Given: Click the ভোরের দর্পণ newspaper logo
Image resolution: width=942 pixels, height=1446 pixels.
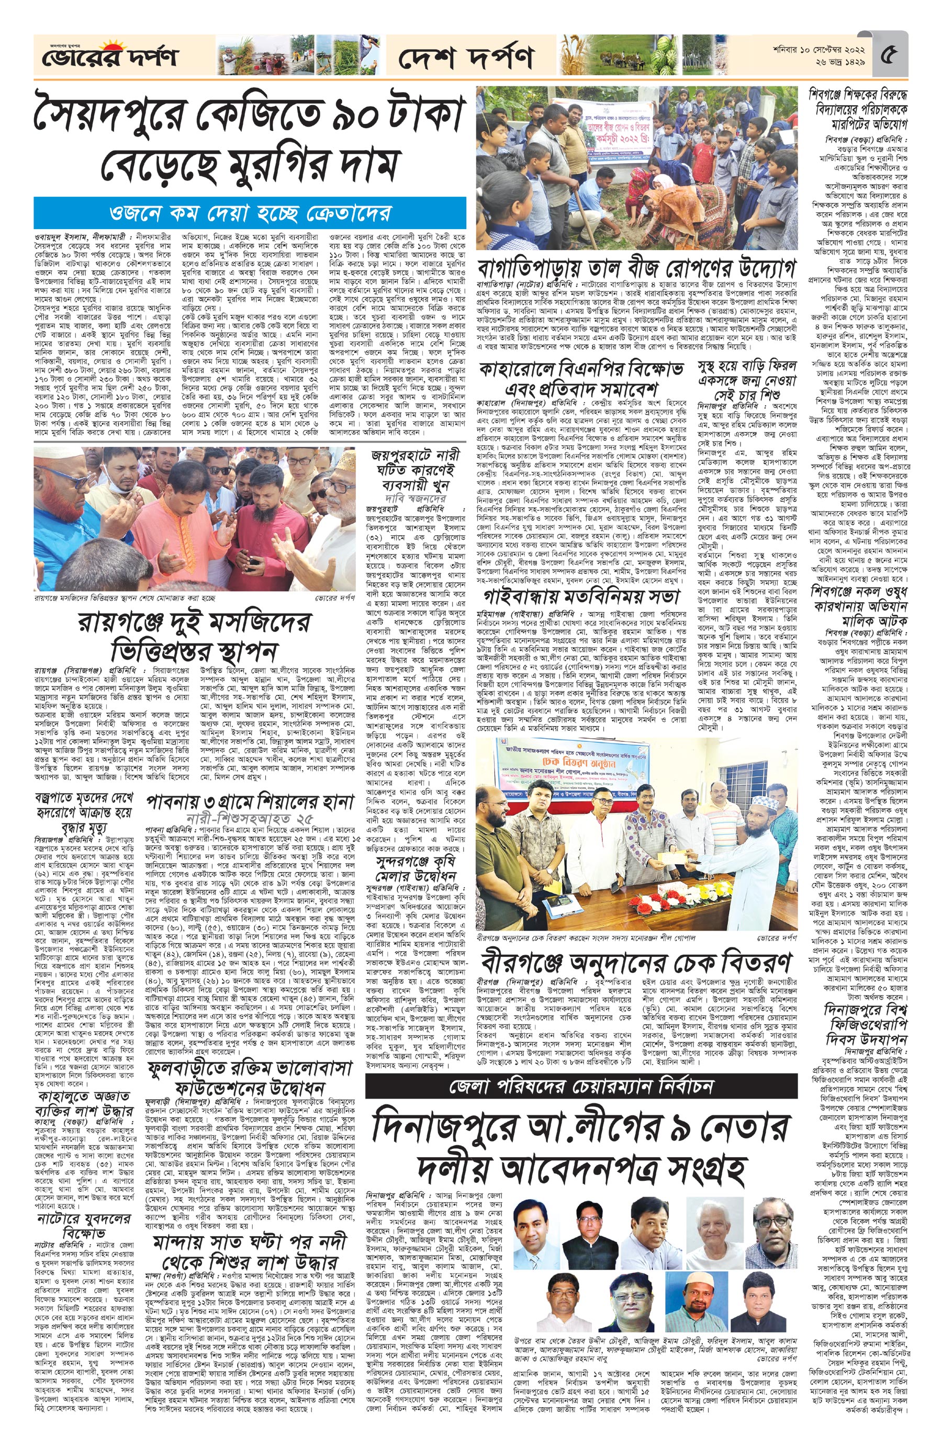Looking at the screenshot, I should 108,57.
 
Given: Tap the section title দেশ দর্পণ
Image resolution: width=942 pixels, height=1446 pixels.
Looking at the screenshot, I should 466,58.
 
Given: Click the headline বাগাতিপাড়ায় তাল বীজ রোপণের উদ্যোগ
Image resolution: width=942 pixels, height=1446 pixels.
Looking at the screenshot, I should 636,268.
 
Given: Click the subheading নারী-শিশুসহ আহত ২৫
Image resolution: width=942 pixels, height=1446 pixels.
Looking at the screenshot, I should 250,817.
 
